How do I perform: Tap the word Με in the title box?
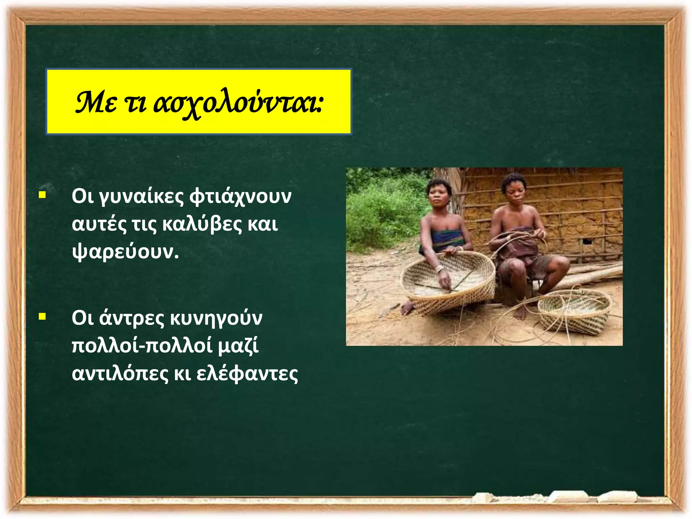(x=96, y=102)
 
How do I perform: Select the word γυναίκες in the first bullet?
(x=141, y=197)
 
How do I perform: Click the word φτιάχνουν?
(x=240, y=197)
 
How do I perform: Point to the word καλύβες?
(x=202, y=224)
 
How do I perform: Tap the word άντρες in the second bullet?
(x=131, y=319)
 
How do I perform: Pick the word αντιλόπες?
(x=120, y=374)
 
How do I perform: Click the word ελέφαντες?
(x=247, y=374)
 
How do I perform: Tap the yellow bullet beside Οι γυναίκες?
(x=42, y=195)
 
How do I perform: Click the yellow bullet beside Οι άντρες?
(x=42, y=317)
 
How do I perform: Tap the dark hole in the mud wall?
(x=587, y=241)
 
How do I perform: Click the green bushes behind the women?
(x=382, y=209)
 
